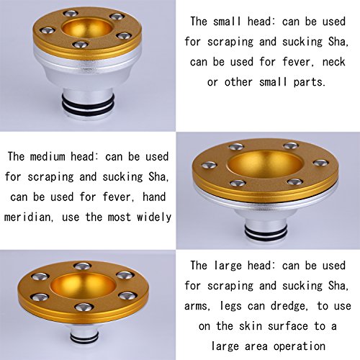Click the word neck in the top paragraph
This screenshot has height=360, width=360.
tap(334, 62)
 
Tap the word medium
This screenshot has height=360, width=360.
tap(48, 156)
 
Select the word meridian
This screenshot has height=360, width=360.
tap(27, 217)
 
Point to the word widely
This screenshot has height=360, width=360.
tap(154, 217)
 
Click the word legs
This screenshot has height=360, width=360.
tap(230, 306)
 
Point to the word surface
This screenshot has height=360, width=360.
tap(288, 326)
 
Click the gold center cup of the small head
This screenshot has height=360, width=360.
tap(87, 28)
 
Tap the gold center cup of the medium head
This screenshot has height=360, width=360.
tap(264, 164)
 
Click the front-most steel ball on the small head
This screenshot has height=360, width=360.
tap(80, 45)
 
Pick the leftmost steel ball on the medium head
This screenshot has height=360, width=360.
tap(209, 165)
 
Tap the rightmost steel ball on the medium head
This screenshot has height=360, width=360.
tap(321, 163)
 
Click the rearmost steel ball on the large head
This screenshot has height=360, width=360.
tap(82, 266)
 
